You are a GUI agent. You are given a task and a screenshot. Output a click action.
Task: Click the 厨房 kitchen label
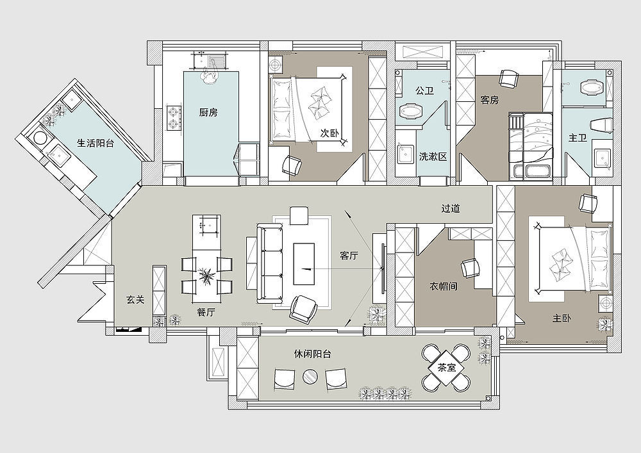pyautogui.click(x=208, y=112)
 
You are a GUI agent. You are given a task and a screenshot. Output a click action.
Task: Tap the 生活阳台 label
pyautogui.click(x=96, y=143)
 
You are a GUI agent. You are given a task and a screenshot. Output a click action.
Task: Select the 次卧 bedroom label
pyautogui.click(x=330, y=133)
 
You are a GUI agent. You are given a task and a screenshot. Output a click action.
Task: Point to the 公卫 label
pyautogui.click(x=424, y=91)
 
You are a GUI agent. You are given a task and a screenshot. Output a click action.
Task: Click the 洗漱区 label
pyautogui.click(x=433, y=156)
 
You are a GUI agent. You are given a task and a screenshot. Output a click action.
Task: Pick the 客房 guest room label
pyautogui.click(x=490, y=100)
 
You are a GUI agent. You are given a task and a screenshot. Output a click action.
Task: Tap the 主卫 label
pyautogui.click(x=578, y=138)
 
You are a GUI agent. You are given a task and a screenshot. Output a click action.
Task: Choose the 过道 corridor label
pyautogui.click(x=451, y=208)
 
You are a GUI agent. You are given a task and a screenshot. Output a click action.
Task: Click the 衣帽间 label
pyautogui.click(x=443, y=286)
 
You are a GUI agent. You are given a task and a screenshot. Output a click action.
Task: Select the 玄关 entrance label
pyautogui.click(x=135, y=300)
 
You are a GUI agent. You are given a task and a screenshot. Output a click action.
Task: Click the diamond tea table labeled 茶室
pyautogui.click(x=446, y=368)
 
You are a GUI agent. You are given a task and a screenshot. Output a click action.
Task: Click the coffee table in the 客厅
pyautogui.click(x=304, y=264)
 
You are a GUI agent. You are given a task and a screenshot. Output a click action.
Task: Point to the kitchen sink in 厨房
pyautogui.click(x=210, y=62)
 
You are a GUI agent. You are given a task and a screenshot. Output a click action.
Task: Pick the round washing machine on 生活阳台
pyautogui.click(x=40, y=138)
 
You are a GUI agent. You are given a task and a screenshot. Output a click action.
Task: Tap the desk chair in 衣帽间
pyautogui.click(x=470, y=268)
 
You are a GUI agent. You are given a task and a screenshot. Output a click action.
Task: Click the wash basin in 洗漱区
pyautogui.click(x=405, y=154)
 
